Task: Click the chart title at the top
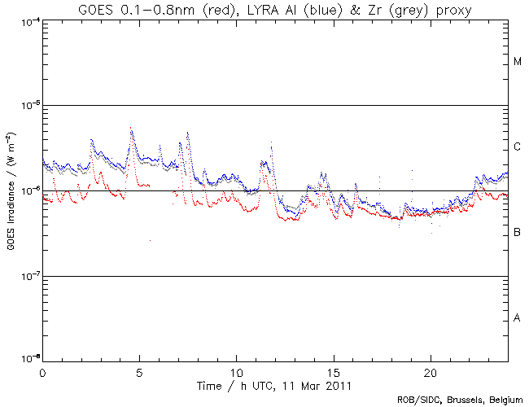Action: point(275,9)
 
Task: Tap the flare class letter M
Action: point(518,62)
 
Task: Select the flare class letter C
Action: point(518,147)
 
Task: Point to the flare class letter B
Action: point(518,233)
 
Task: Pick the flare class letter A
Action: point(518,318)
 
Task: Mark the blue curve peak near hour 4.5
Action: point(131,128)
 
